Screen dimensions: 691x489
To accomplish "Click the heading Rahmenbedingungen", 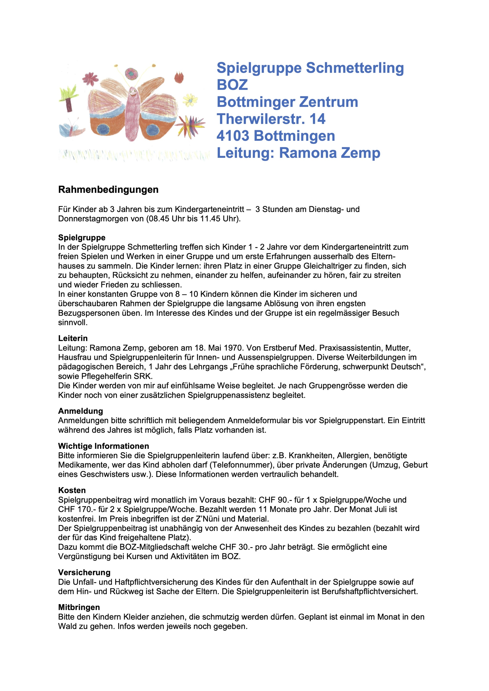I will (x=108, y=190).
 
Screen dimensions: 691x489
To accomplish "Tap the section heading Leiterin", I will (x=73, y=338).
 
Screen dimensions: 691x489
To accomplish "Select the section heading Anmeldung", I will (x=80, y=411).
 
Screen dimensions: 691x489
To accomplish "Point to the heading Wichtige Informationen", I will (x=104, y=446).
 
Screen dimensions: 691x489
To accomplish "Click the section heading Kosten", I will (x=72, y=490).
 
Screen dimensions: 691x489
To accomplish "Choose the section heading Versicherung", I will (x=84, y=573).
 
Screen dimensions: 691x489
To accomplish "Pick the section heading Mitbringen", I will (x=79, y=608).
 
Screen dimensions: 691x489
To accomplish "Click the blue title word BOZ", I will (x=232, y=85).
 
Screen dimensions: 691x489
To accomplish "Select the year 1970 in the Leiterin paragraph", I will (x=233, y=348).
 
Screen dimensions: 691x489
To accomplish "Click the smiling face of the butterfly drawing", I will (x=132, y=90).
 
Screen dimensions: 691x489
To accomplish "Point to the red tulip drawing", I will (x=179, y=77).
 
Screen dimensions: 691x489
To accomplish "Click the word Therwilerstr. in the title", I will (x=260, y=119).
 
